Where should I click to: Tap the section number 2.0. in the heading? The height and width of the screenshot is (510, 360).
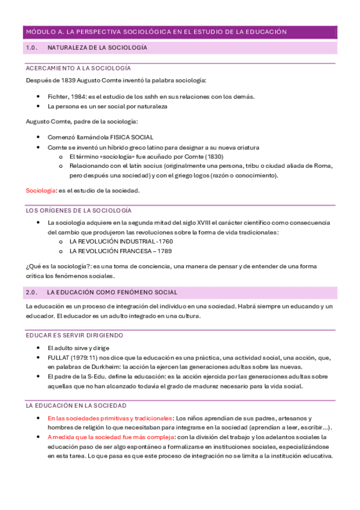32,292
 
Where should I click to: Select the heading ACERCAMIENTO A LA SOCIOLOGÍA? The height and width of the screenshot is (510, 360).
78,69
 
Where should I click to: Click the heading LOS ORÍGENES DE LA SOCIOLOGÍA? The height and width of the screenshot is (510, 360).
78,210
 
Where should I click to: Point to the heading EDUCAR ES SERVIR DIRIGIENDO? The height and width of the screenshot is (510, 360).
74,334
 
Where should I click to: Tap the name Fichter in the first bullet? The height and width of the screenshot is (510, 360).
58,96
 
